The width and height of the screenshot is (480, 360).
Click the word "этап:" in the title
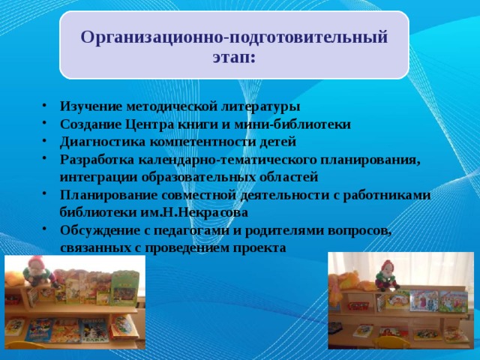click(234, 57)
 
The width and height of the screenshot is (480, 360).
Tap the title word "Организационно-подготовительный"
click(234, 37)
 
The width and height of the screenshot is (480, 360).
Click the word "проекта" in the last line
click(259, 247)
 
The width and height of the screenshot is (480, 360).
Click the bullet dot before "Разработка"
click(46, 160)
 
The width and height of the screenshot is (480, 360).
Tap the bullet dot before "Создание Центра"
click(46, 124)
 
